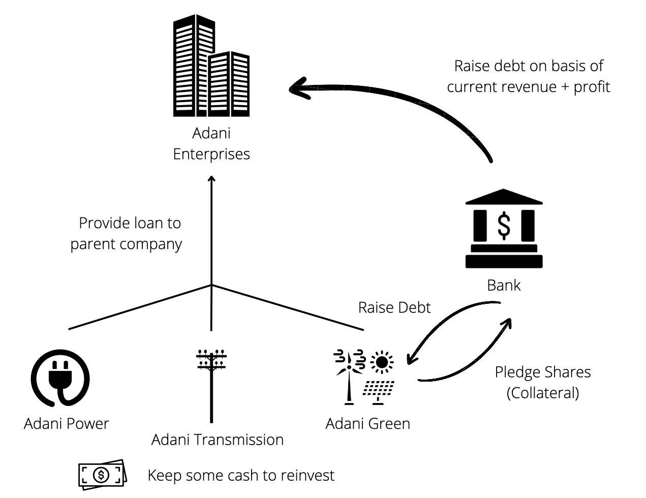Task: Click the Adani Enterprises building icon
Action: point(211,66)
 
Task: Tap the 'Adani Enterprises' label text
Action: point(211,144)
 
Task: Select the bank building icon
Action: point(504,229)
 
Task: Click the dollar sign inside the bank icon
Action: point(504,226)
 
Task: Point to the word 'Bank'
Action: point(504,285)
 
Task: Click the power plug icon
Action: point(60,377)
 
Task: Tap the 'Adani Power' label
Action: point(66,423)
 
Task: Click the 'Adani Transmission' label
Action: point(218,440)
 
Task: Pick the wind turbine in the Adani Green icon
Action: point(349,376)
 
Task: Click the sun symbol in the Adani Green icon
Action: point(382,362)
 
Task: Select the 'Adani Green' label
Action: point(367,423)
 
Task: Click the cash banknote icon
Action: point(102,475)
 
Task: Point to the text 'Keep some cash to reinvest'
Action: point(241,476)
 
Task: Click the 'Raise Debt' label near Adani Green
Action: point(394,307)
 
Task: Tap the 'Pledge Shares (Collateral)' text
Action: point(543,382)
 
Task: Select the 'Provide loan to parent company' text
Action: point(126,233)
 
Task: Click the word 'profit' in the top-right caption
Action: point(592,87)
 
